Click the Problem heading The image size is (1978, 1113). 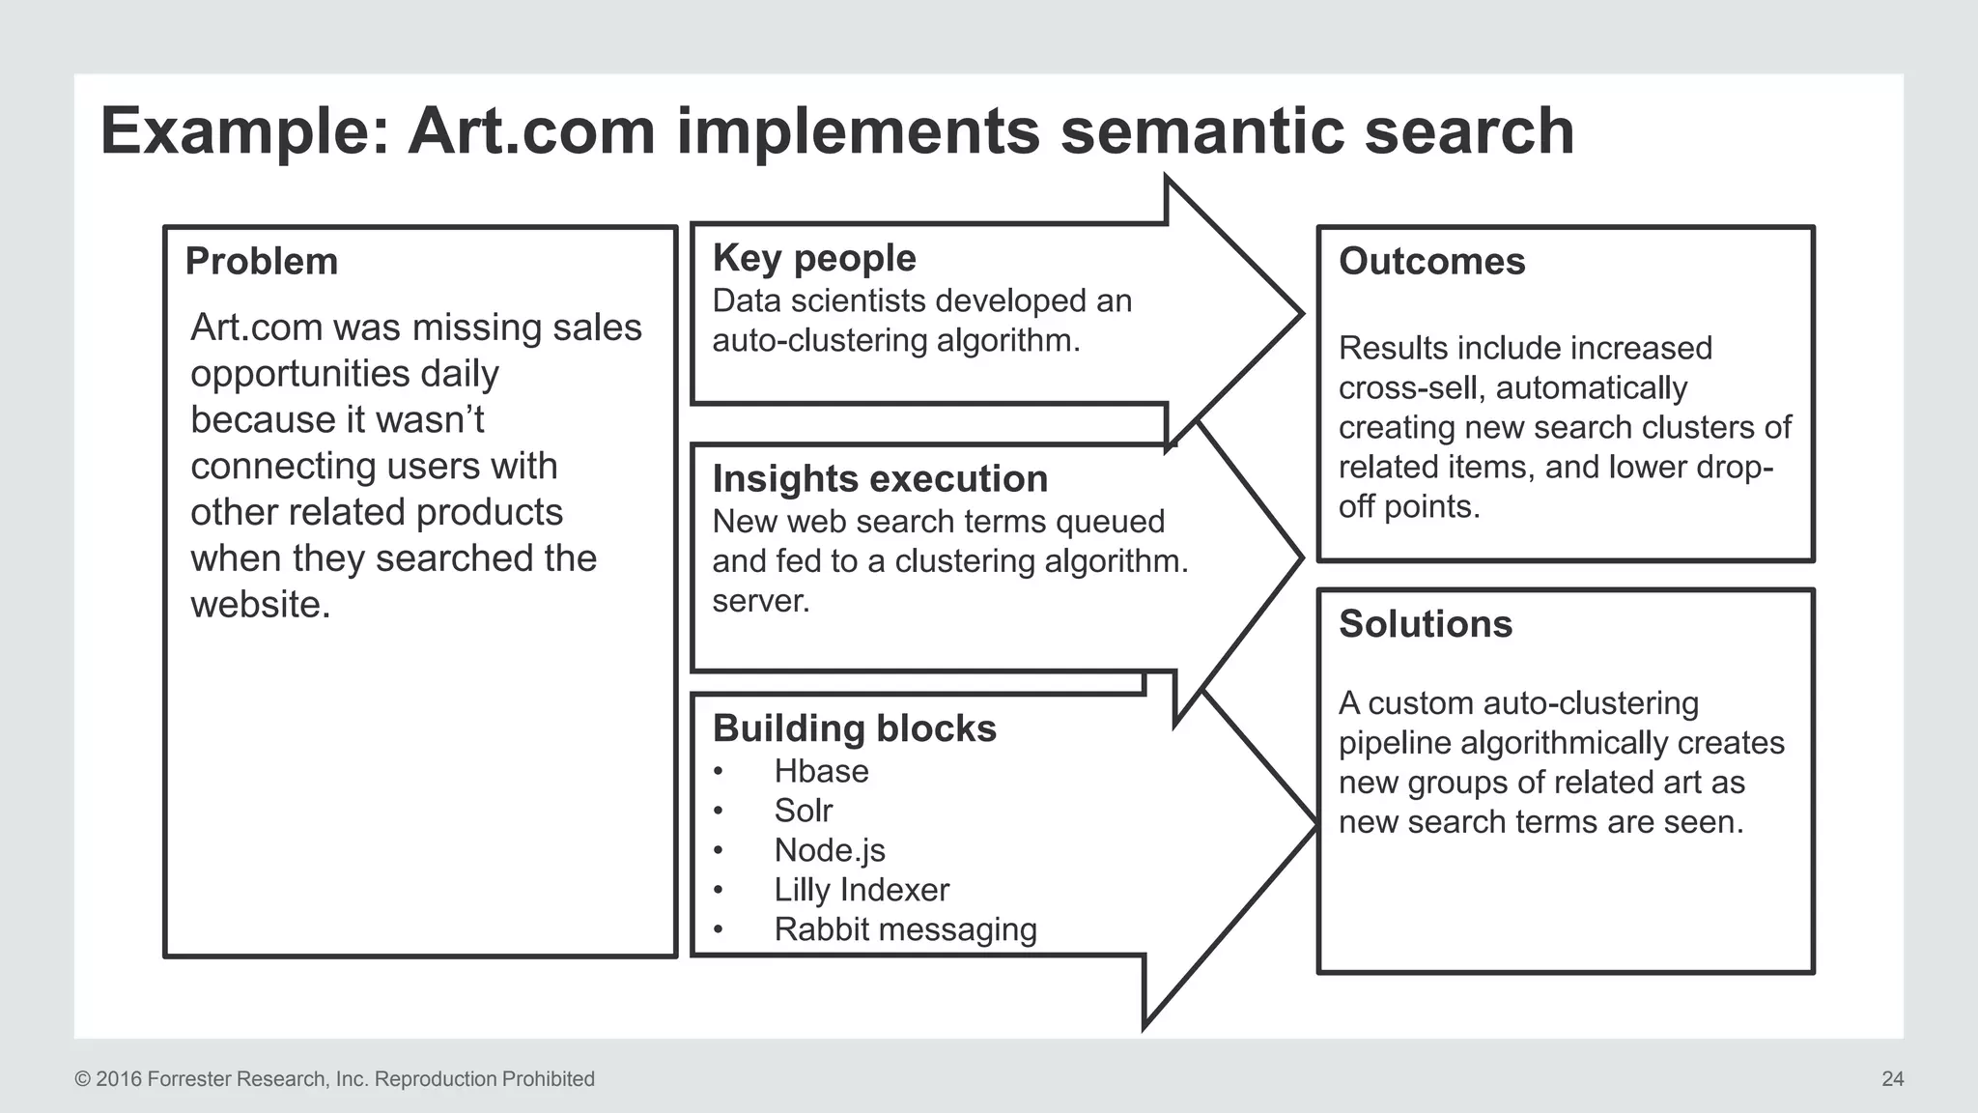point(262,262)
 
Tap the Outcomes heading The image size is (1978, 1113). point(1431,262)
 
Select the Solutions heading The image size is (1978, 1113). point(1425,624)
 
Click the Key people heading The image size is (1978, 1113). point(814,258)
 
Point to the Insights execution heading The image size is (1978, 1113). point(880,479)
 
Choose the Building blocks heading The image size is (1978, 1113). point(854,728)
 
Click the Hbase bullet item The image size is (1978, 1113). point(821,771)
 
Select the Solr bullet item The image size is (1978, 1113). point(803,811)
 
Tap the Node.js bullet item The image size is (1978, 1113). point(830,850)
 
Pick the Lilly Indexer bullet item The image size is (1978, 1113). point(862,890)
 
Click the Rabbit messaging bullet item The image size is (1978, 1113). point(905,929)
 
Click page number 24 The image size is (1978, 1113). point(1892,1079)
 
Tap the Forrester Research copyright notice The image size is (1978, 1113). point(334,1079)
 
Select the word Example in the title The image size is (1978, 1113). point(244,131)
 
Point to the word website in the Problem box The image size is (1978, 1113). point(260,605)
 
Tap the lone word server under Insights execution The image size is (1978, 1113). point(760,601)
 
